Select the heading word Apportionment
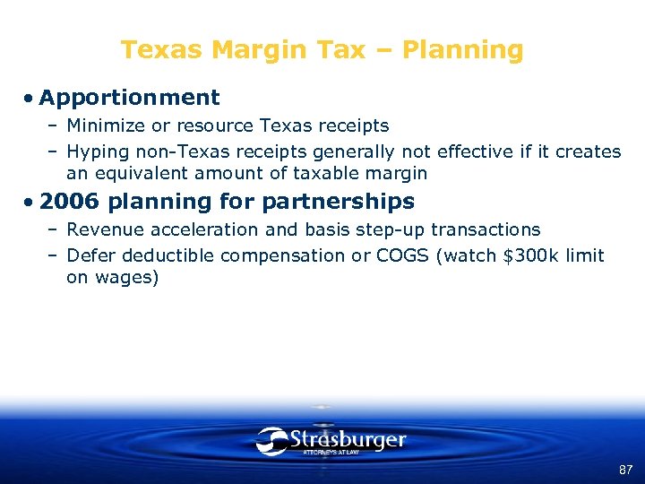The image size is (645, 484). [x=129, y=97]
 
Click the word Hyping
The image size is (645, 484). [x=96, y=151]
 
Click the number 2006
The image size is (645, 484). [x=70, y=201]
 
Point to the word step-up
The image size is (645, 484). [x=391, y=230]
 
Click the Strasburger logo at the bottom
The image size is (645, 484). [x=331, y=440]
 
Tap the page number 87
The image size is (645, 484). [x=625, y=470]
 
